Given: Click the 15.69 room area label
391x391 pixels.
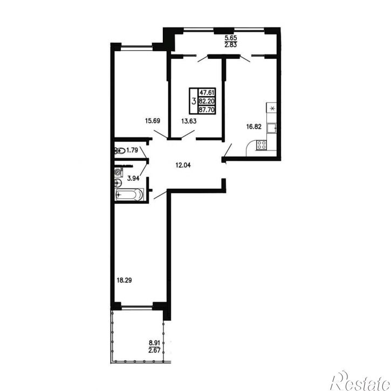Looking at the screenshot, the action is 153,121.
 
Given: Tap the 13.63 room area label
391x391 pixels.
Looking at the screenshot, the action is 189,121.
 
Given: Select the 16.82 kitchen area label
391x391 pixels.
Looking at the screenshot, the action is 254,127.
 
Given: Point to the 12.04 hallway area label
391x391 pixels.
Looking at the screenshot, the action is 183,165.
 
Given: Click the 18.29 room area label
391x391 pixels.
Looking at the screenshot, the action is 124,280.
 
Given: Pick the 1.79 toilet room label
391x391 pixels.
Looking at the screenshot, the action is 132,150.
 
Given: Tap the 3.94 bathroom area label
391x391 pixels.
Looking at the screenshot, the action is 133,179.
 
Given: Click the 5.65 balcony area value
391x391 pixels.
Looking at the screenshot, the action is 231,38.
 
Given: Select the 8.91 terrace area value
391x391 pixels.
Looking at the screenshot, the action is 154,343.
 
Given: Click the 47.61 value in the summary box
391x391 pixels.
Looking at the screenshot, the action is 207,93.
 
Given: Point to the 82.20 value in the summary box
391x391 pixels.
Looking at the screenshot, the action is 207,101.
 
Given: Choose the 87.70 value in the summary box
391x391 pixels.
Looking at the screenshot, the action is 207,109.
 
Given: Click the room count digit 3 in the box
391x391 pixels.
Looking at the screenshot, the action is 194,101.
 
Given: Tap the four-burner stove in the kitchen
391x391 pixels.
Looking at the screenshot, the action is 262,145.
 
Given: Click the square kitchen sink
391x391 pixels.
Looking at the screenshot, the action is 272,128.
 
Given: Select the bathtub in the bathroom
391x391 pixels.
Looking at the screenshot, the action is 129,194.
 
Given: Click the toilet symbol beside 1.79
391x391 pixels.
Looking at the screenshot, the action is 120,150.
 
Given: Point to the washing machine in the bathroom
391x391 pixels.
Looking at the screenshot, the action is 118,172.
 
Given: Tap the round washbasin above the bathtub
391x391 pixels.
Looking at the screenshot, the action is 118,183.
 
